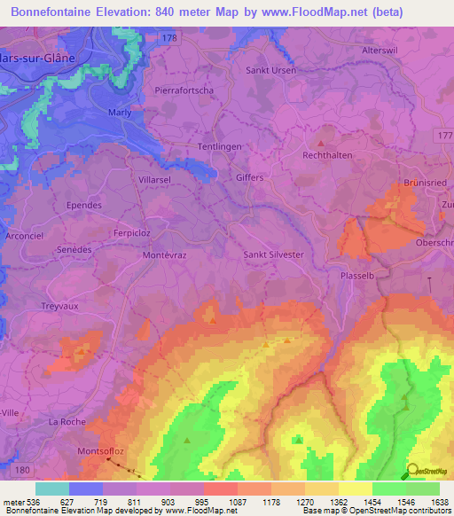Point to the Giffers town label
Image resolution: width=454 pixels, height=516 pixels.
pyautogui.click(x=250, y=177)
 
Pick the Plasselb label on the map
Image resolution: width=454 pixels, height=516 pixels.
pyautogui.click(x=359, y=276)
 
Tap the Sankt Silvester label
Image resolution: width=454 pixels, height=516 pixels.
pyautogui.click(x=274, y=254)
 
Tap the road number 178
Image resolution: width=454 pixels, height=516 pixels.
pyautogui.click(x=170, y=38)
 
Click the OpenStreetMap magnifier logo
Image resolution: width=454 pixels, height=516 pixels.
pyautogui.click(x=414, y=472)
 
